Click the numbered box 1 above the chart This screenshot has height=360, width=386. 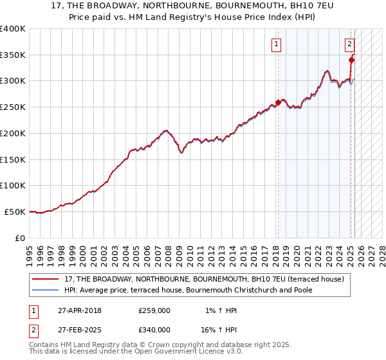point(276,44)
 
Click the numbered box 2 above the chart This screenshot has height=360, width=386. point(349,44)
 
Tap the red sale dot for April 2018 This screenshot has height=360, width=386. point(278,102)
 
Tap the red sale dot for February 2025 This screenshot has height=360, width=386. point(351,60)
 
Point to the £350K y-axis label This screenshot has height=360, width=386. point(13,55)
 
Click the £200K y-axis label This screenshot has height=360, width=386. point(13,133)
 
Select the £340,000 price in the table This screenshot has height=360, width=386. point(154,330)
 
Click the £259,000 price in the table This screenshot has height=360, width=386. point(154,311)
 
